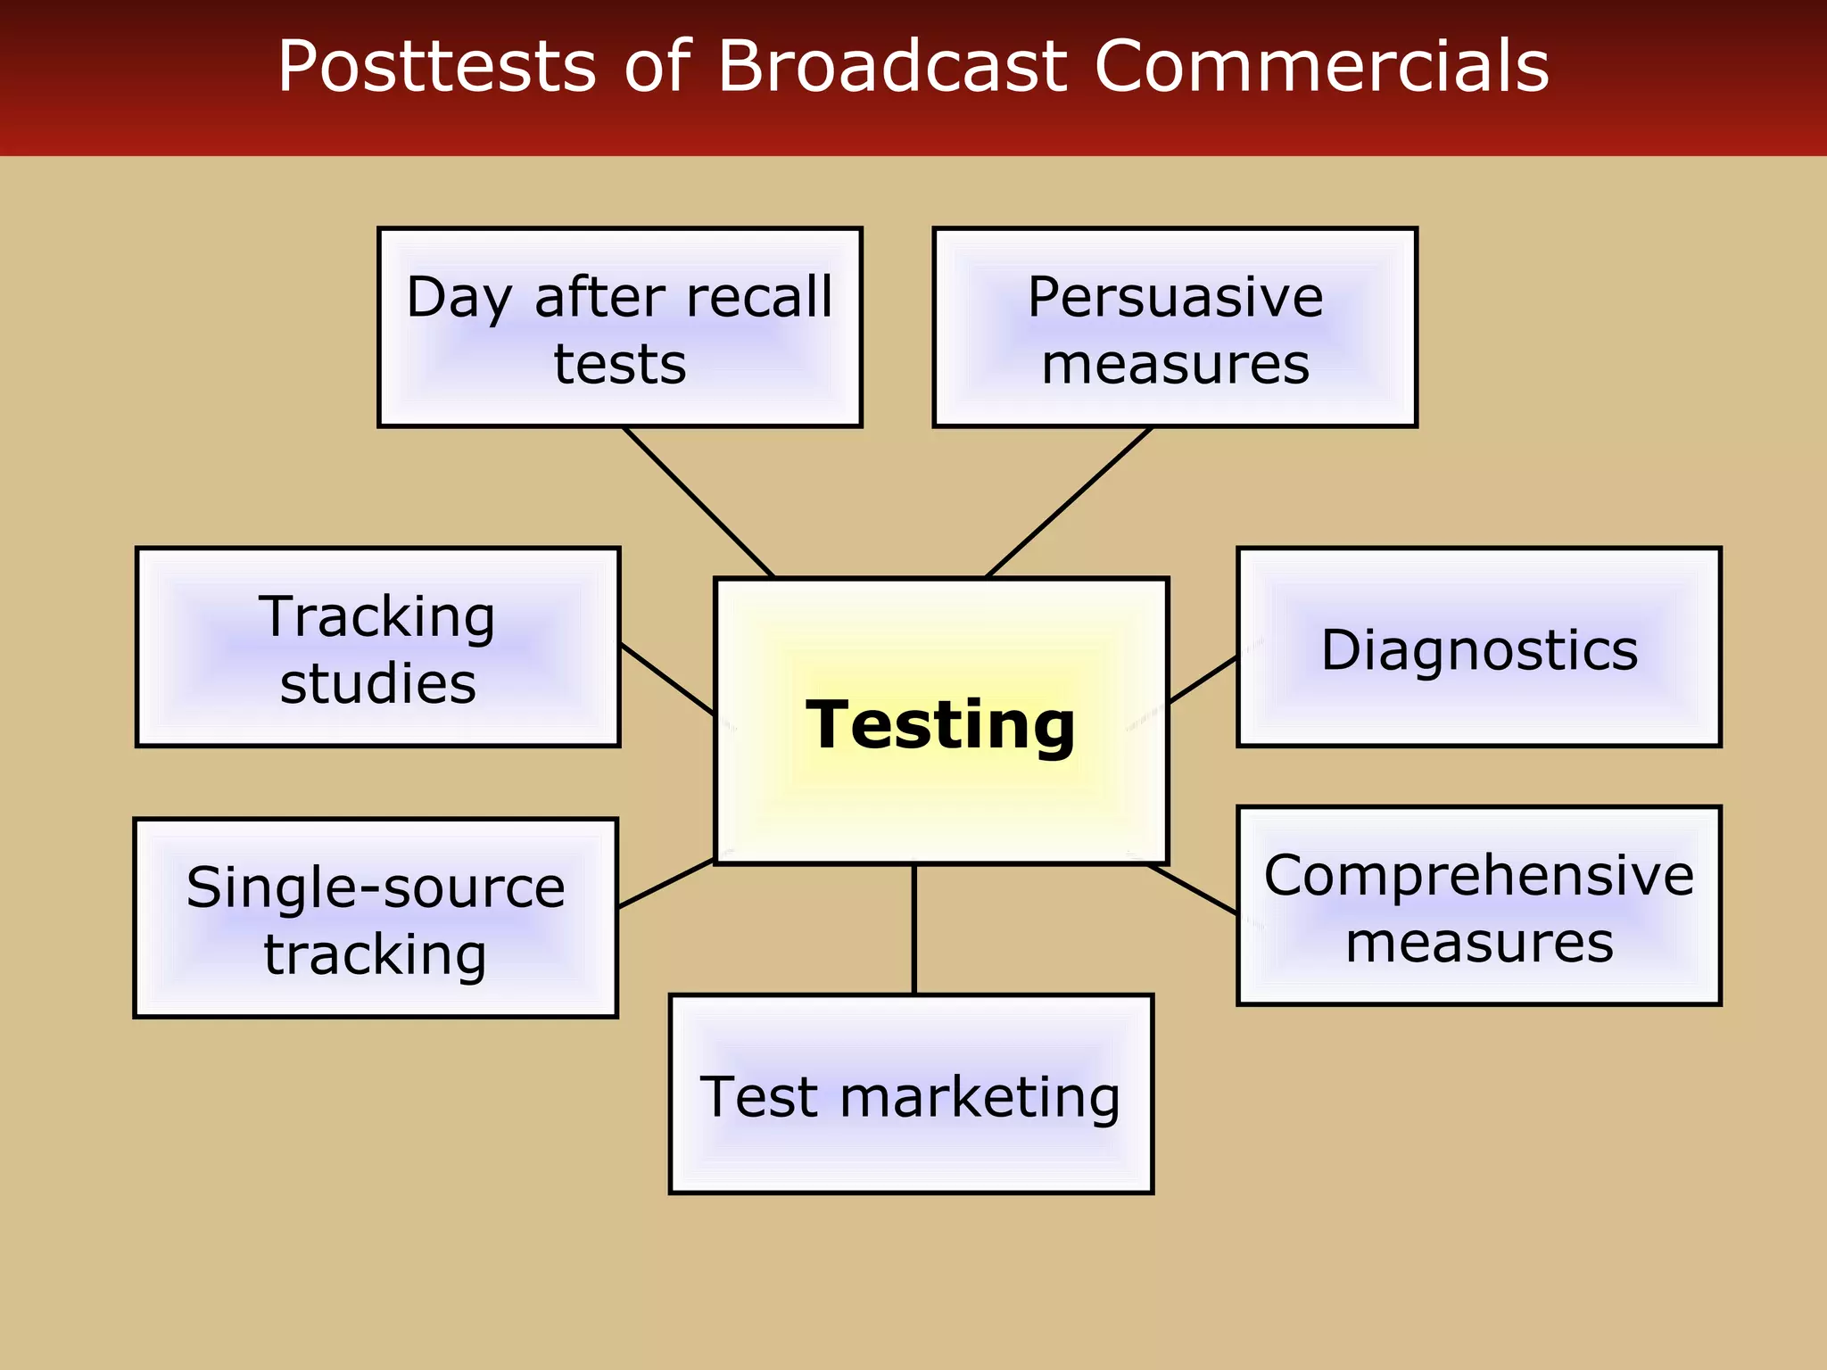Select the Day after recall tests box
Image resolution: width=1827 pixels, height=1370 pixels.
coord(620,327)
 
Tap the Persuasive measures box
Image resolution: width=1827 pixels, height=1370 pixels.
coord(1175,327)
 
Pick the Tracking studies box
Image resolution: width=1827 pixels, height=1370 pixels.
coord(377,648)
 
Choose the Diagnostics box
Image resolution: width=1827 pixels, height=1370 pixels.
coord(1479,648)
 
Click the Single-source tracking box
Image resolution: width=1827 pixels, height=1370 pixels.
coord(376,919)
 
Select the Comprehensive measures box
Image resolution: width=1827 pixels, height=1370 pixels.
coord(1479,906)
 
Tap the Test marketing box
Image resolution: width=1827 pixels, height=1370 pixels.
coord(911,1094)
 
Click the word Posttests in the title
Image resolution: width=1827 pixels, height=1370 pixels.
coord(436,66)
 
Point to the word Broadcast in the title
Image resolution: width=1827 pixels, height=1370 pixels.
coord(892,66)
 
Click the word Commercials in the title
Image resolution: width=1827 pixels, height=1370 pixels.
coord(1322,66)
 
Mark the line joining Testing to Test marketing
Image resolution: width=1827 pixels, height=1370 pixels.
coord(914,929)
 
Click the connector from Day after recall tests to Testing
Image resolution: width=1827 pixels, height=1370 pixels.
coord(699,502)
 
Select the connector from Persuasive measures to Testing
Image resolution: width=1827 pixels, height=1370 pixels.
coord(1069,502)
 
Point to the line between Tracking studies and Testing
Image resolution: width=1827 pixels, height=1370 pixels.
coord(666,678)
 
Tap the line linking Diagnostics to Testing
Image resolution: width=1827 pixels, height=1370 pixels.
coord(1203,680)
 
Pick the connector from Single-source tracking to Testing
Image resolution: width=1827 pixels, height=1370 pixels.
coord(665,883)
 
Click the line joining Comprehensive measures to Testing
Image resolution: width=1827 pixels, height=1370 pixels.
coord(1193,889)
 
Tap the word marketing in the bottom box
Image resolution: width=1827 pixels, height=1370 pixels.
coord(979,1096)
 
